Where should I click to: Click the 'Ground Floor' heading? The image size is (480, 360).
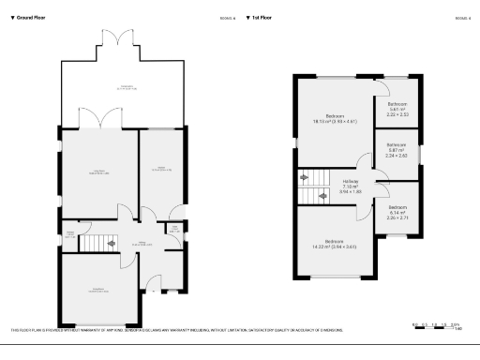tap(29, 18)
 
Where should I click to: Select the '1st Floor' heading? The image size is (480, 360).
tap(263, 18)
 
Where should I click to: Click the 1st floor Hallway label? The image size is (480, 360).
tap(350, 184)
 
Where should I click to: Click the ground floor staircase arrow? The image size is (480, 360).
tap(112, 243)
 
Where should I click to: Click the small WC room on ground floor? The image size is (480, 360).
tap(174, 229)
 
